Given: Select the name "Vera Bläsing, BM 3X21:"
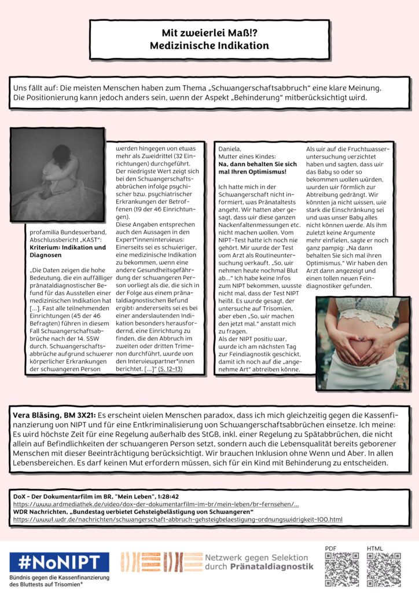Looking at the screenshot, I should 54,416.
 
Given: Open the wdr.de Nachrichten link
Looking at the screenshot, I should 177,519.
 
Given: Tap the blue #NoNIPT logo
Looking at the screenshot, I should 59,562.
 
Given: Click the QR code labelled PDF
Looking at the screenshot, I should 342,569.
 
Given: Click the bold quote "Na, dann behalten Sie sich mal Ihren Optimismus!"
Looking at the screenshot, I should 256,168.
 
